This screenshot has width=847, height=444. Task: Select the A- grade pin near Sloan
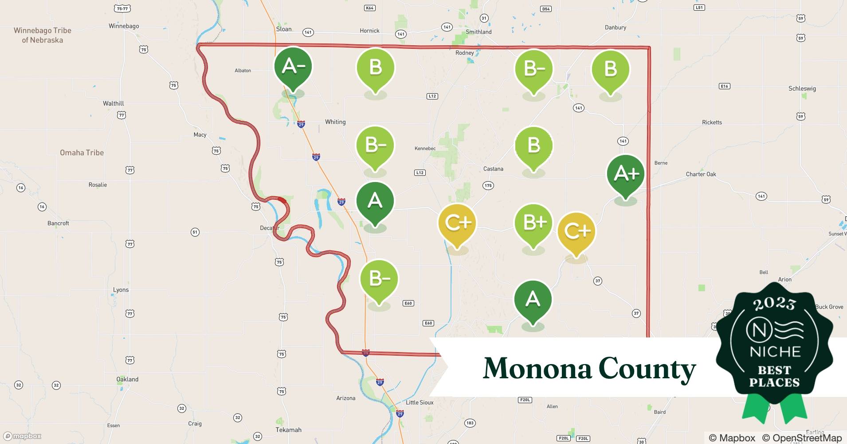(293, 67)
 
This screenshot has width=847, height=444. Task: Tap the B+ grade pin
(533, 223)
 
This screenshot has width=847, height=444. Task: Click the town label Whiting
(335, 122)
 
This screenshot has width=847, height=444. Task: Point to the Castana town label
(493, 169)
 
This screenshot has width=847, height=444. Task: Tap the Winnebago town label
(124, 26)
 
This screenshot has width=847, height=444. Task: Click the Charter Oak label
(701, 174)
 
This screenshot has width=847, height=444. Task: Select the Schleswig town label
(802, 88)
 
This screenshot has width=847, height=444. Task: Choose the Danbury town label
(616, 28)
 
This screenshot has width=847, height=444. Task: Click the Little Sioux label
(420, 402)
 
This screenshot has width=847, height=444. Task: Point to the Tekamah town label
(288, 430)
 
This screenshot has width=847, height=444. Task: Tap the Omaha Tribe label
(82, 153)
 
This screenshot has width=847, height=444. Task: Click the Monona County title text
(589, 369)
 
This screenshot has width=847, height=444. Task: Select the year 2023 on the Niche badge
(774, 304)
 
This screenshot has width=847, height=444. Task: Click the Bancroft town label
(58, 223)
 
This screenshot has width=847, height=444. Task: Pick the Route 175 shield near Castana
(488, 186)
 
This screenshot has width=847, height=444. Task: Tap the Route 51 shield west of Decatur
(195, 232)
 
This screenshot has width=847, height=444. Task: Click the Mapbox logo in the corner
(22, 436)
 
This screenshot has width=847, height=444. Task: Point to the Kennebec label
(425, 148)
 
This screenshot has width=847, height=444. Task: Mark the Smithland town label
(478, 32)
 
